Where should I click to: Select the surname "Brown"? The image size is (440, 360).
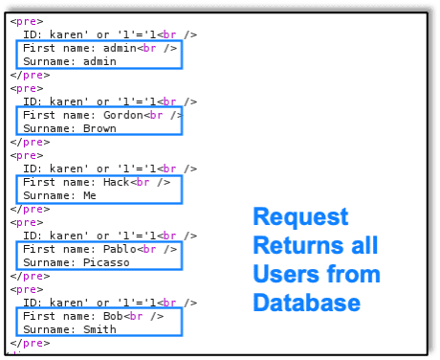point(99,128)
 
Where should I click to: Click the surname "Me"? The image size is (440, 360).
point(89,195)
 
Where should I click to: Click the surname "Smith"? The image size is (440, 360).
point(99,329)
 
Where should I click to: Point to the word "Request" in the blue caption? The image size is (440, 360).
point(300,217)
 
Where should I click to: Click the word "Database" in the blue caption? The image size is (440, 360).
point(306,303)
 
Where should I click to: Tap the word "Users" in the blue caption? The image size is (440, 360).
point(285,275)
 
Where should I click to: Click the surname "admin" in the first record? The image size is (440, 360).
point(99,60)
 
